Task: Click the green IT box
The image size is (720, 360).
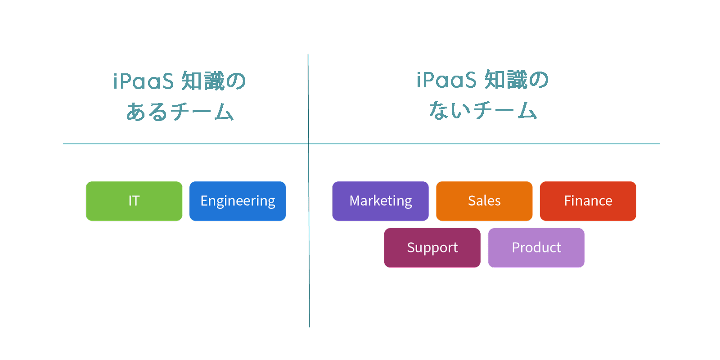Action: click(x=134, y=201)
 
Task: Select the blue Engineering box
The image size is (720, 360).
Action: click(x=238, y=201)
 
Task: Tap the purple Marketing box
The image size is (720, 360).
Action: click(x=381, y=201)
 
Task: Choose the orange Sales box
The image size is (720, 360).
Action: click(x=484, y=201)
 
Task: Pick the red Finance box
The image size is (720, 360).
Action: click(x=588, y=201)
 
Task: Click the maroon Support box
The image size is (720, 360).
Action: click(x=432, y=248)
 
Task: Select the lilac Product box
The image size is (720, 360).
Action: click(x=536, y=248)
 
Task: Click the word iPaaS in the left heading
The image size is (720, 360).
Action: click(x=144, y=81)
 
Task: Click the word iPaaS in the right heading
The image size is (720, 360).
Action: click(x=446, y=80)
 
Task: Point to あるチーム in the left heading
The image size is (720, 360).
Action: click(x=180, y=112)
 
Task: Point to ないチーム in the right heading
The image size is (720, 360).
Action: click(x=483, y=110)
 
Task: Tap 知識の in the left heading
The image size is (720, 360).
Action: click(x=214, y=81)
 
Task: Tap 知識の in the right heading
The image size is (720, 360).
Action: click(x=517, y=80)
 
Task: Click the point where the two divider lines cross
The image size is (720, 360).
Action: click(x=309, y=144)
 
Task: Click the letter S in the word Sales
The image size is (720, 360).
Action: click(x=472, y=201)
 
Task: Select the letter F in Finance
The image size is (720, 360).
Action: click(x=568, y=201)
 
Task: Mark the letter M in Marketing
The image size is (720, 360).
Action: click(x=355, y=201)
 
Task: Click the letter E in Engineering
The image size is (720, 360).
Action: click(x=204, y=201)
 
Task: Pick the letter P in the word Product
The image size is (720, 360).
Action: click(x=516, y=247)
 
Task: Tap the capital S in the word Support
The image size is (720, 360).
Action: click(x=411, y=247)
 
